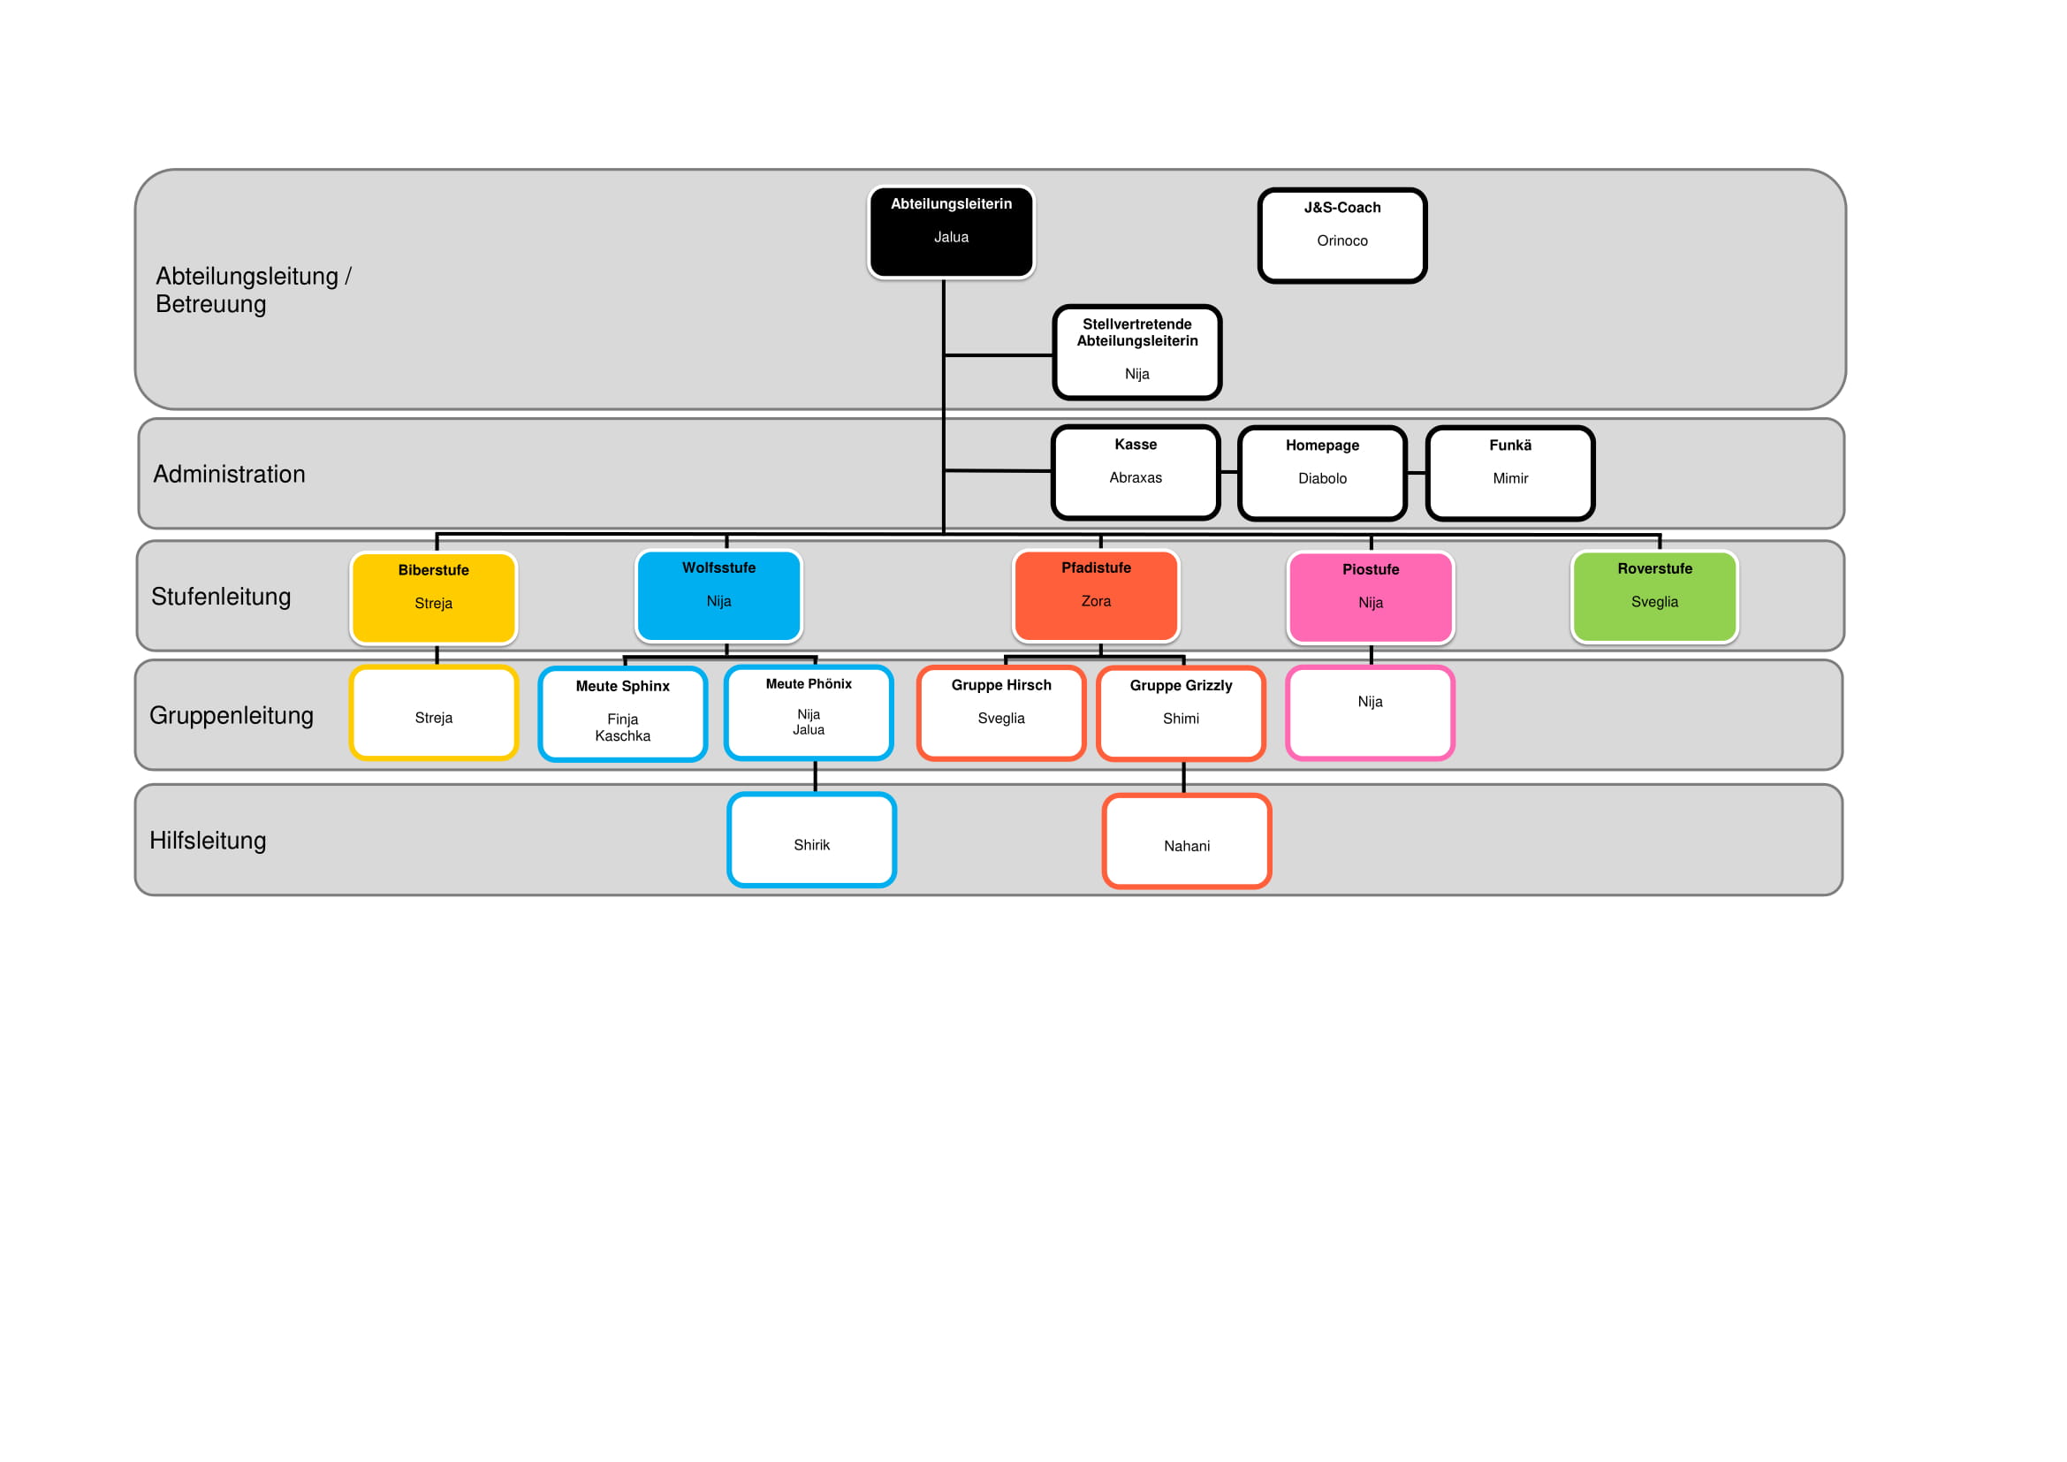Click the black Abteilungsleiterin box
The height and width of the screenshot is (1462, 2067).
tap(951, 232)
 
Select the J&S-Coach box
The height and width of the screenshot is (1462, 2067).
tap(1341, 236)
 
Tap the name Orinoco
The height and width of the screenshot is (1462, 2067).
tap(1341, 241)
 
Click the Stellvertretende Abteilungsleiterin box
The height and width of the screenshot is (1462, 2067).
tap(1136, 352)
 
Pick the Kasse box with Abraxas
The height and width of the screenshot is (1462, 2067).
tap(1136, 473)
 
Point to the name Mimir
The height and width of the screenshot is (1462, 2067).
tap(1509, 479)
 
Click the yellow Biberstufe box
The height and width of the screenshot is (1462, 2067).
tap(433, 598)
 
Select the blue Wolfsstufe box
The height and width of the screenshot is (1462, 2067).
tap(718, 596)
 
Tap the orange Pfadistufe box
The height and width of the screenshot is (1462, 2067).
tap(1096, 596)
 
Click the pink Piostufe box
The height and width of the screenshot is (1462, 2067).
tap(1371, 598)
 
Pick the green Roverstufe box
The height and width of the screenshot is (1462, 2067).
tap(1653, 597)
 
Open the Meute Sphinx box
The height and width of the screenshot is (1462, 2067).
tap(622, 714)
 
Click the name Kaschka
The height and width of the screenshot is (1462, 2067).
tap(622, 736)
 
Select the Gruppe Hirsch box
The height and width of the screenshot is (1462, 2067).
tap(1001, 713)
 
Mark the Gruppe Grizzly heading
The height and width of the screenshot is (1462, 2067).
tap(1181, 686)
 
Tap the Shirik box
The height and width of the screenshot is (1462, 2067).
tap(811, 840)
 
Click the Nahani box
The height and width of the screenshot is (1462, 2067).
tap(1187, 841)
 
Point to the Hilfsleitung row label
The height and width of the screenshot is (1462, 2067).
tap(208, 841)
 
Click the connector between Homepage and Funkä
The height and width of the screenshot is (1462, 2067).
tap(1416, 474)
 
